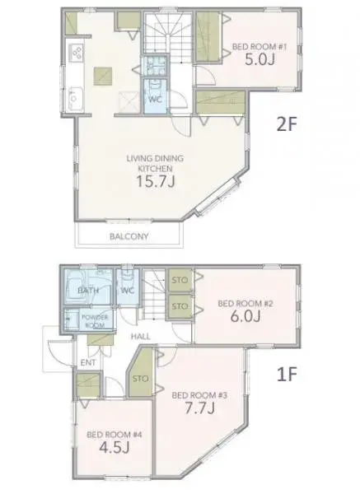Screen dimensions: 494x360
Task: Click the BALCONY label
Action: [x=129, y=237]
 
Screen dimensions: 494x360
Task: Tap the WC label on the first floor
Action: [x=128, y=291]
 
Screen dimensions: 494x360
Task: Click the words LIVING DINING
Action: [x=148, y=157]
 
